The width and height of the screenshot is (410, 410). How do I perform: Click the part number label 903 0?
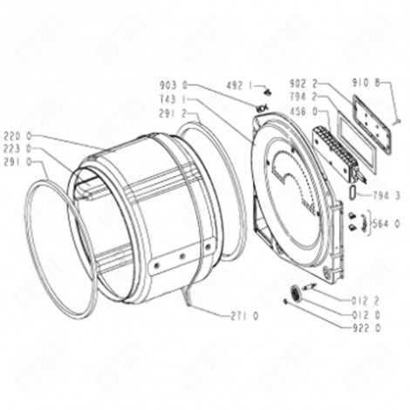click(x=174, y=85)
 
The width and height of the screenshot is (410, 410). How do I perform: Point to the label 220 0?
click(x=17, y=136)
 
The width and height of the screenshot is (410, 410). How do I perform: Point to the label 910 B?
click(x=388, y=84)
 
